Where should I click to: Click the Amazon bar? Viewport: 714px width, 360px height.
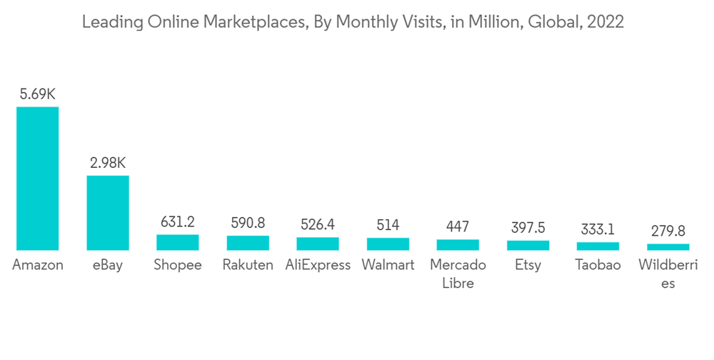coord(37,179)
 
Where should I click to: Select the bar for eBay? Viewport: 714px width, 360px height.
coord(108,213)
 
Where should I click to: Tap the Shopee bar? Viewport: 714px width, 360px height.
coord(178,242)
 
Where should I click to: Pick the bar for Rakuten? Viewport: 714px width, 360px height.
coord(248,243)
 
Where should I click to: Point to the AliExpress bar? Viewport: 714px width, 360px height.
coord(318,244)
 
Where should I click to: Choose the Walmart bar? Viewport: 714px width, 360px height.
coord(388,244)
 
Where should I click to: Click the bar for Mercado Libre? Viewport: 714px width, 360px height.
coord(458,244)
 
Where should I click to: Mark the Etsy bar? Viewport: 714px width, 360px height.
coord(528,245)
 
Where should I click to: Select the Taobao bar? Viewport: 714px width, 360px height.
coord(598,246)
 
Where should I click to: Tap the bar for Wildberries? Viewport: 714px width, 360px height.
coord(668,246)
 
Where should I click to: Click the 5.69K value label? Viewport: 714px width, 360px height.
coord(38,94)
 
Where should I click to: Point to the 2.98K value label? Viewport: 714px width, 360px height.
coord(108,163)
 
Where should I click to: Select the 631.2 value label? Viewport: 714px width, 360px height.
coord(178,222)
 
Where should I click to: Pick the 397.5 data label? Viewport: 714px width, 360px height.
coord(528,228)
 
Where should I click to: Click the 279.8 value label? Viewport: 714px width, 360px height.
coord(668,231)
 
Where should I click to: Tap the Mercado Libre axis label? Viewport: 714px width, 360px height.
coord(458,274)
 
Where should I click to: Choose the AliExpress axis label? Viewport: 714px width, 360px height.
coord(318,265)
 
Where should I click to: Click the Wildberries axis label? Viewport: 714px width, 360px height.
coord(668,274)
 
